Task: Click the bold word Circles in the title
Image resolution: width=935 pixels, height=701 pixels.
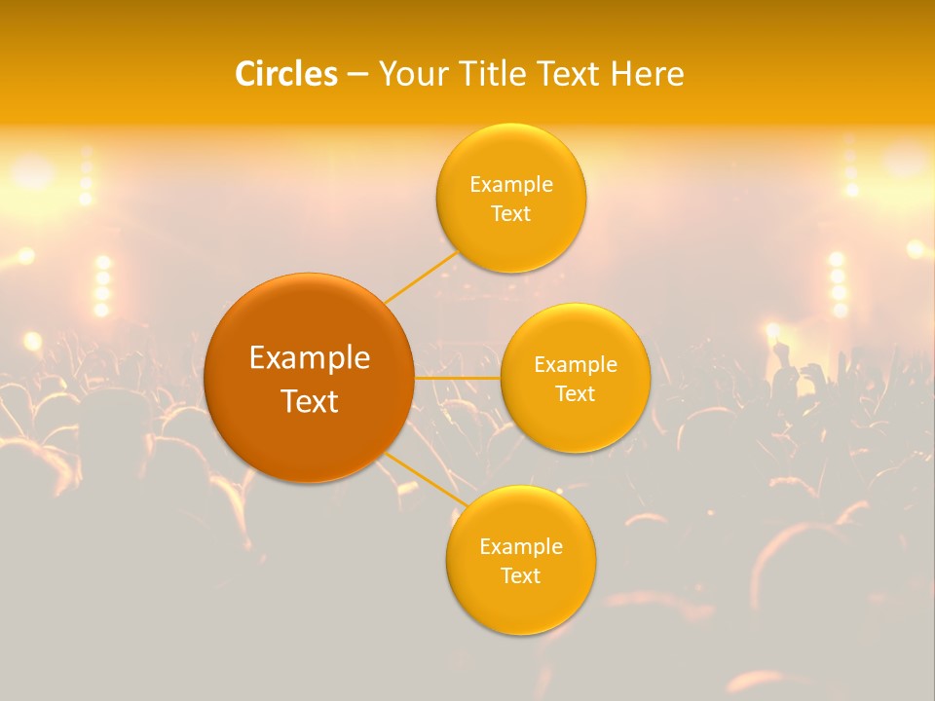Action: pyautogui.click(x=286, y=74)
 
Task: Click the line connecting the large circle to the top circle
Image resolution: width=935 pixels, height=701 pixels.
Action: pyautogui.click(x=421, y=277)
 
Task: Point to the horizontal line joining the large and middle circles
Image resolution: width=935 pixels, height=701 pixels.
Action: pyautogui.click(x=457, y=378)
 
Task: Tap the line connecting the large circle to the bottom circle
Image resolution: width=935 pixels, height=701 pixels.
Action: pyautogui.click(x=425, y=480)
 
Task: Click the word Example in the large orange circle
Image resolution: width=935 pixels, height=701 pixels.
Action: pyautogui.click(x=310, y=358)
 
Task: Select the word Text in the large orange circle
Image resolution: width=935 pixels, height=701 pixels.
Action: pyautogui.click(x=310, y=401)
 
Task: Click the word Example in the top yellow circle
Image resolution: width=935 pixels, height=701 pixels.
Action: pyautogui.click(x=511, y=184)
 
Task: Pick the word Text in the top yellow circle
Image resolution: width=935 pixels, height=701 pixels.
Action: pyautogui.click(x=511, y=213)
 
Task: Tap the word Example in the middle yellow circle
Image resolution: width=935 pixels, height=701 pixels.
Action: pyautogui.click(x=576, y=364)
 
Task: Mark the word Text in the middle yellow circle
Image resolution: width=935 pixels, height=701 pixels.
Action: pyautogui.click(x=576, y=393)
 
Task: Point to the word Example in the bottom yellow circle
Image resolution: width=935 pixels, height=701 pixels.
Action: pyautogui.click(x=521, y=546)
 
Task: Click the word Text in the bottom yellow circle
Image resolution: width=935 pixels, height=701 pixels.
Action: pyautogui.click(x=521, y=575)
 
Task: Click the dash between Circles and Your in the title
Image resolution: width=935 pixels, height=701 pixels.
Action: pyautogui.click(x=357, y=74)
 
